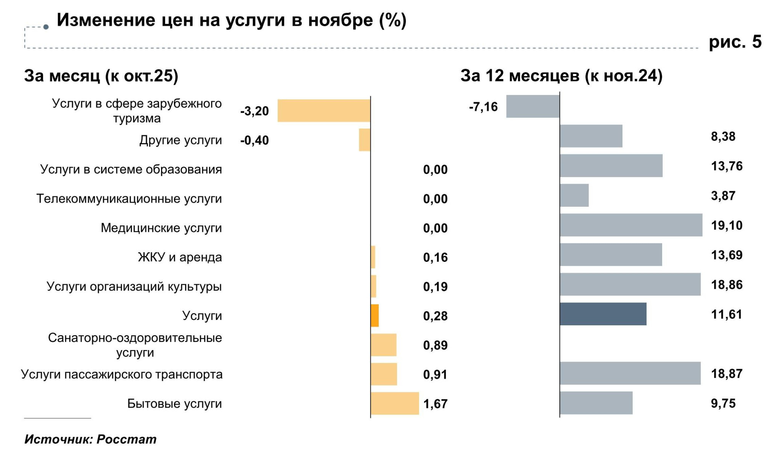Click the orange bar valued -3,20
tap(324, 111)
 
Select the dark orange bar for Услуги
tap(375, 316)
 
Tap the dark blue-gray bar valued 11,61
tap(603, 314)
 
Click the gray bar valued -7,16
tap(533, 107)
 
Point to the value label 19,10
tap(727, 225)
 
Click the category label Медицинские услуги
tap(161, 228)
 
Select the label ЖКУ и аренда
tap(180, 257)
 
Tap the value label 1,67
tap(435, 404)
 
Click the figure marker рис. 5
tap(735, 42)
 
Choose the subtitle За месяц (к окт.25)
tap(101, 76)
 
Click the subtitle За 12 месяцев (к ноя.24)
tap(561, 76)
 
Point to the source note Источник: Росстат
tap(90, 439)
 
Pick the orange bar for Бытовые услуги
tap(395, 404)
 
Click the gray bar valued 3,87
tap(574, 195)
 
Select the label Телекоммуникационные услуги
tap(129, 199)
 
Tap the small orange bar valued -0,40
tap(365, 140)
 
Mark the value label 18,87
tap(727, 373)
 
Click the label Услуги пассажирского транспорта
tap(122, 374)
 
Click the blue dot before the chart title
tap(46, 27)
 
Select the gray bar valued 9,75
tap(596, 403)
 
